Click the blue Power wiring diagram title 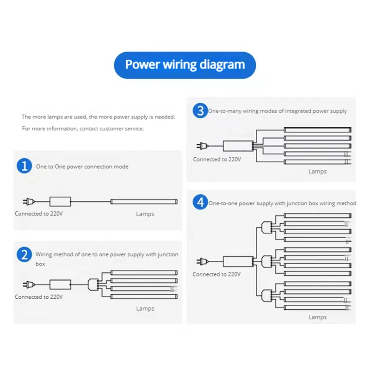click(x=185, y=64)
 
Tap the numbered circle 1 click(x=24, y=166)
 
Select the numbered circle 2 click(x=24, y=255)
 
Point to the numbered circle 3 click(x=200, y=111)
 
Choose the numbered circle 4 click(x=200, y=203)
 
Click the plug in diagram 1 click(x=28, y=202)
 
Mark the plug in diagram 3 click(x=202, y=146)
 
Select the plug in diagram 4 click(x=202, y=261)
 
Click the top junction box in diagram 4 click(x=265, y=227)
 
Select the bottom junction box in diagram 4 click(x=265, y=294)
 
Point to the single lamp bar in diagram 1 click(x=144, y=202)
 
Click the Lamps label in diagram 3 click(x=317, y=172)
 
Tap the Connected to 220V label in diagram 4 click(x=216, y=274)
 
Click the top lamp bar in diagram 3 click(x=317, y=130)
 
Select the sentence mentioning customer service click(x=83, y=129)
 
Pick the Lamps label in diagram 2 click(x=145, y=308)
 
